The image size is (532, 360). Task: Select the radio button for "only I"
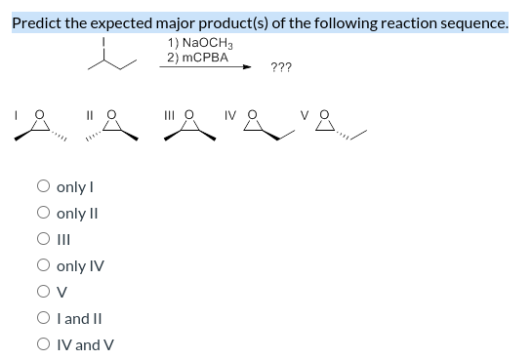[x=45, y=186]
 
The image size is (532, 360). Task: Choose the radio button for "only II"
[x=45, y=213]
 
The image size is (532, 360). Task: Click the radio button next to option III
[x=45, y=239]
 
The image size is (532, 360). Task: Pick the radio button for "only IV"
[x=45, y=265]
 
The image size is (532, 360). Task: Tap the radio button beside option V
[x=45, y=292]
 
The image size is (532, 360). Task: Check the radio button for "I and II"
[x=45, y=318]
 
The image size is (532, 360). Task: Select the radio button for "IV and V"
[x=45, y=344]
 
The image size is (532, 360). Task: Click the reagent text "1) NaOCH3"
[x=199, y=43]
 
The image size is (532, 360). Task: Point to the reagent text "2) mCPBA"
[x=197, y=58]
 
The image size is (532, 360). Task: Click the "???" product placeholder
[x=280, y=67]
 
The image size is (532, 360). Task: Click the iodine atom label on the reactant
[x=119, y=42]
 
